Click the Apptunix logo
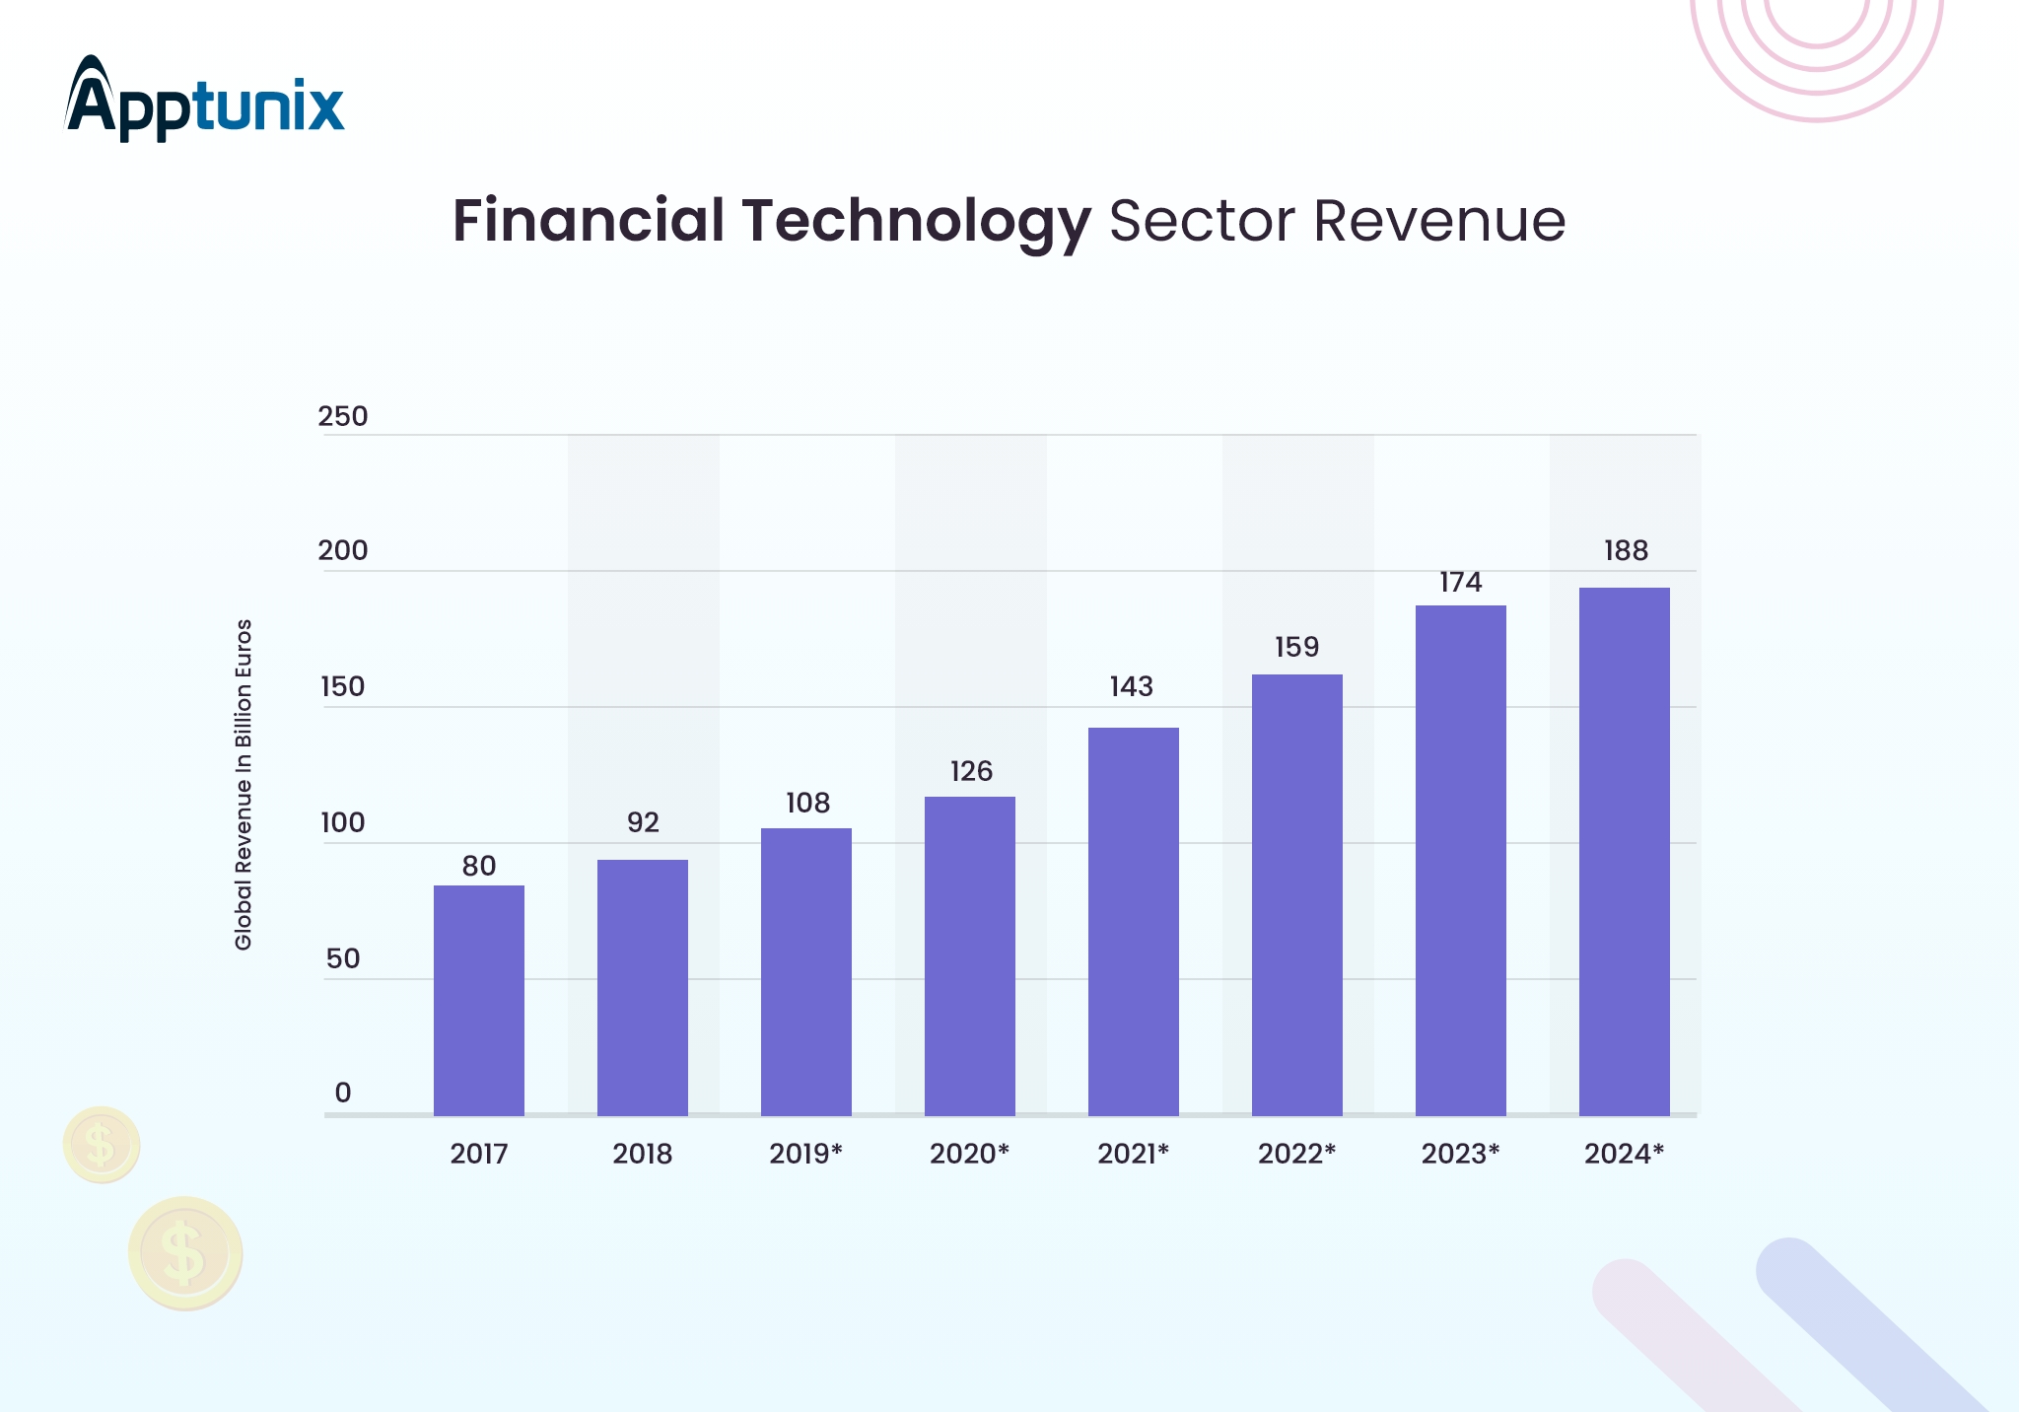click(x=204, y=99)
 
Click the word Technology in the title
click(x=917, y=223)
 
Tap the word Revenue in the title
click(x=1439, y=221)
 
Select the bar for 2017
click(x=479, y=1000)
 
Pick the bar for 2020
click(x=970, y=955)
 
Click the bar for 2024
click(x=1625, y=851)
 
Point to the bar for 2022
click(x=1297, y=894)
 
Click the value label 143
click(x=1132, y=686)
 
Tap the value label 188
click(x=1626, y=550)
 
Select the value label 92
click(x=643, y=822)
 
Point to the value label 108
click(x=807, y=803)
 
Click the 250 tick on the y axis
click(x=343, y=416)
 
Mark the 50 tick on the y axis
click(x=343, y=958)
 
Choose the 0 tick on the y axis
click(x=343, y=1093)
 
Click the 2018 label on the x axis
click(x=643, y=1154)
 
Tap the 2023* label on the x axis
click(x=1460, y=1154)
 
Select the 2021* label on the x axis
click(x=1133, y=1154)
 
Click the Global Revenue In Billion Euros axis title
click(x=244, y=785)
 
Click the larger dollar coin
click(x=185, y=1253)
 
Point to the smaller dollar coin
click(x=102, y=1145)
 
